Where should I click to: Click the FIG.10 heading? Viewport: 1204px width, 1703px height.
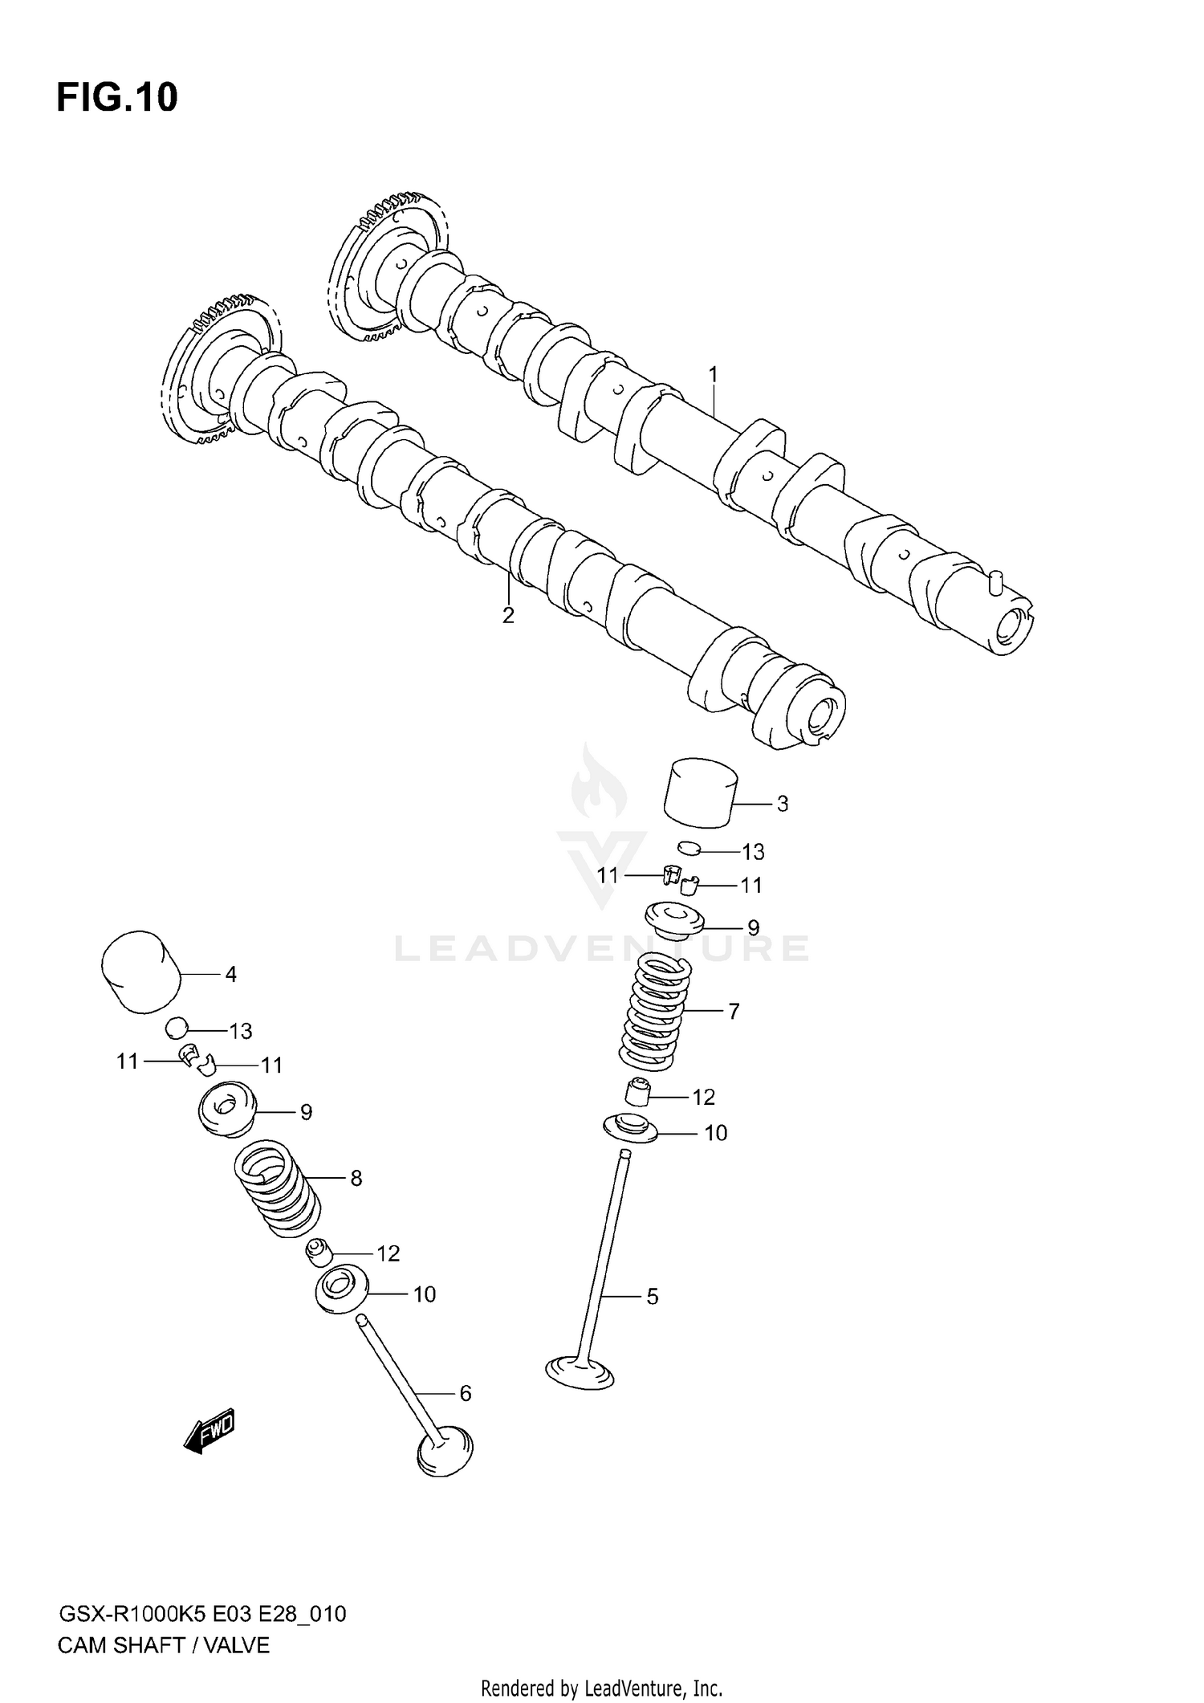117,98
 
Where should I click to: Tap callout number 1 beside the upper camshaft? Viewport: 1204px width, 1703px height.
712,375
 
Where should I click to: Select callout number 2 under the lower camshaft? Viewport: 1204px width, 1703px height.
508,616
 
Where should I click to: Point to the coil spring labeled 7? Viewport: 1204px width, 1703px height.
656,1012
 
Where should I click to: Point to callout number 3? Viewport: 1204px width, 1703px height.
783,804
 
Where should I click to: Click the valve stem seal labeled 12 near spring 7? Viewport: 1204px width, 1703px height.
637,1093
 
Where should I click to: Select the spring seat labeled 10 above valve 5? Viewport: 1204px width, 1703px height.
631,1128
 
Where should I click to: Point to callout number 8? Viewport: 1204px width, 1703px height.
356,1178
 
